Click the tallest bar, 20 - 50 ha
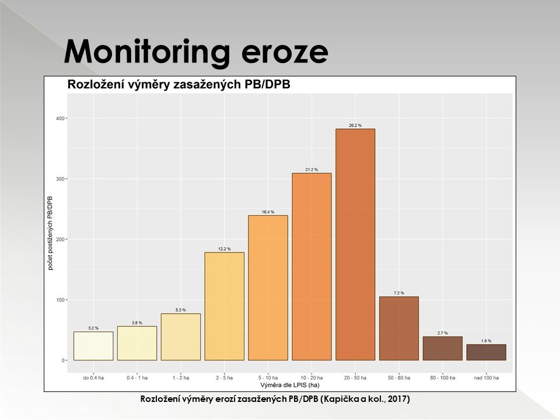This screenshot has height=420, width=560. [355, 244]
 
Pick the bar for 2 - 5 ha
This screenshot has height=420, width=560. [224, 306]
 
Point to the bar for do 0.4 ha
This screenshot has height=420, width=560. [93, 346]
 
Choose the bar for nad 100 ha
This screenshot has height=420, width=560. [486, 352]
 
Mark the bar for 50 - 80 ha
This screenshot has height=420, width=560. [399, 328]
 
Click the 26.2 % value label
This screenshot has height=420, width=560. [355, 125]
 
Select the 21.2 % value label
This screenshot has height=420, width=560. [311, 170]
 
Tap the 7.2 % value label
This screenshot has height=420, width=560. [399, 293]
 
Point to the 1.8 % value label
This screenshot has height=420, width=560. [486, 341]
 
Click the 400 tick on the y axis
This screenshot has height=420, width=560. [60, 118]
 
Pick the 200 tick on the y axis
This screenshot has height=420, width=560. [60, 239]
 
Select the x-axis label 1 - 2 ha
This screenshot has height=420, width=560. [180, 378]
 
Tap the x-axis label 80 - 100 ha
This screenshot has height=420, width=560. [442, 378]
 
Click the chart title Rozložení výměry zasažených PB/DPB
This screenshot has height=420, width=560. [179, 84]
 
